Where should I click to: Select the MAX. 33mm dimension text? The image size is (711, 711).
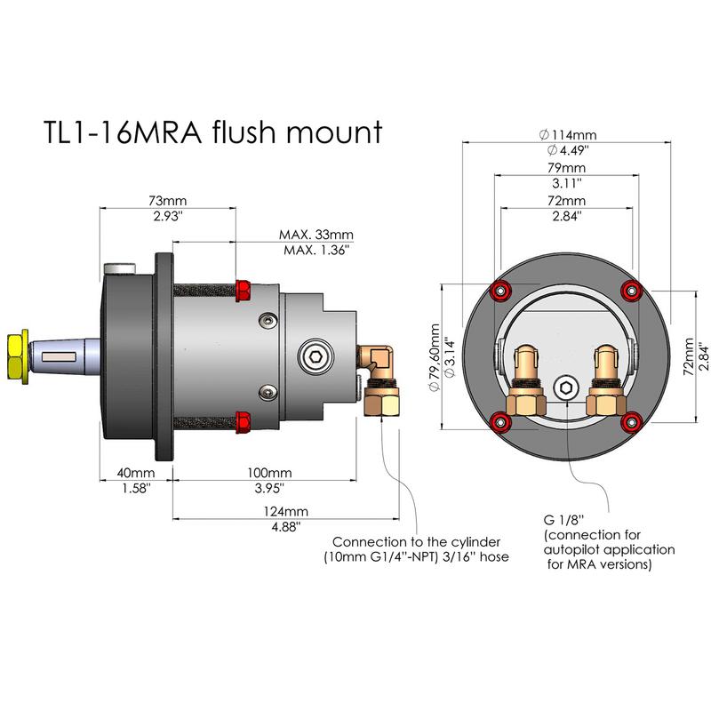click(316, 236)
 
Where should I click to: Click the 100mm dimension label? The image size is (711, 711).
click(268, 472)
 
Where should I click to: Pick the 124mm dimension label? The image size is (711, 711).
click(285, 511)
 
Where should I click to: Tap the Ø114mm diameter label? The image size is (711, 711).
click(566, 135)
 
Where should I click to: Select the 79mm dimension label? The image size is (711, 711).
click(566, 168)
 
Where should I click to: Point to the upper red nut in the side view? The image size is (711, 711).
click(243, 289)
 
